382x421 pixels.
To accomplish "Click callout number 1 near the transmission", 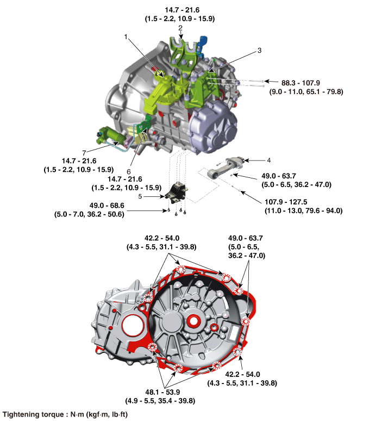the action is [126, 37].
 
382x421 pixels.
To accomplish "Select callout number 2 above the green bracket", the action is [180, 28].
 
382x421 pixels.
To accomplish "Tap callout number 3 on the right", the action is [259, 50].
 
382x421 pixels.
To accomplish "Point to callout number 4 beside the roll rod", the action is [269, 160].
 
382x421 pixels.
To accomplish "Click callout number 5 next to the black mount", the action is [140, 196].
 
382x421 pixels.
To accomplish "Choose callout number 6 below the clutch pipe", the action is [128, 171].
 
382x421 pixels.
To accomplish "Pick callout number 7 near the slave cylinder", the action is [84, 153].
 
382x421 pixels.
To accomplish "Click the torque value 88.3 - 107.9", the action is [300, 83].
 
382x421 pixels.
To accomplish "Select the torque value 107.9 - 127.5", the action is [286, 202].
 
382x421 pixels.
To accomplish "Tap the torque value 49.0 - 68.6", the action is [107, 206].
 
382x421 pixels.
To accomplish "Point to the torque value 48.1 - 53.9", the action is [162, 392].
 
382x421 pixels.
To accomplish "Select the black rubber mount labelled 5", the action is [176, 193].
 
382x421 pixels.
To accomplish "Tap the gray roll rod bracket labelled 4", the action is [226, 167].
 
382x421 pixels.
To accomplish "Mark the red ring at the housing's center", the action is [195, 320].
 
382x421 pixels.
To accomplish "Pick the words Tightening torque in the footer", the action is [33, 414].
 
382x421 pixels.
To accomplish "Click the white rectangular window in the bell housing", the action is [233, 333].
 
